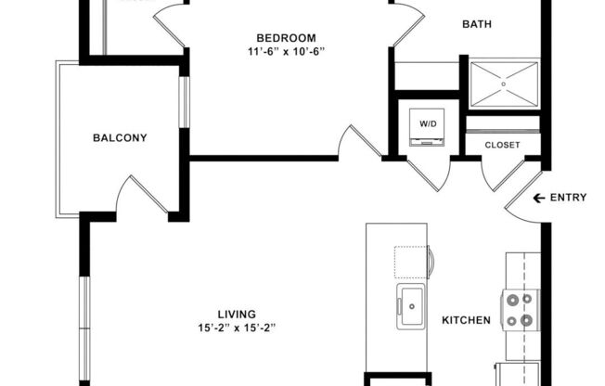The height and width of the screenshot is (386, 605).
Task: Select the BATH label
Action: (x=477, y=25)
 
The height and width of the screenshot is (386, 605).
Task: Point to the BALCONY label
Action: (x=120, y=138)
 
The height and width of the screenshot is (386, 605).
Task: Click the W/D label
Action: (x=429, y=122)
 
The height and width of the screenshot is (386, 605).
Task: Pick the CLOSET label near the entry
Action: (x=502, y=145)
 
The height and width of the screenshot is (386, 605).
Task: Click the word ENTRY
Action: (x=568, y=198)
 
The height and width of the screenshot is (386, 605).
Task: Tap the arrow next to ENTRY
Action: (x=538, y=198)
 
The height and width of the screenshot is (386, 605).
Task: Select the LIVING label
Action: (x=238, y=315)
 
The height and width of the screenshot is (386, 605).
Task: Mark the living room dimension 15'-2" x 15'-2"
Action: (x=238, y=328)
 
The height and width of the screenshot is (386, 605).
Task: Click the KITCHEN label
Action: (x=466, y=320)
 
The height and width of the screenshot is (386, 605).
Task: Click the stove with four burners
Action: (x=521, y=309)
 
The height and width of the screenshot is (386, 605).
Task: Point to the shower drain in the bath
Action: (x=504, y=84)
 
